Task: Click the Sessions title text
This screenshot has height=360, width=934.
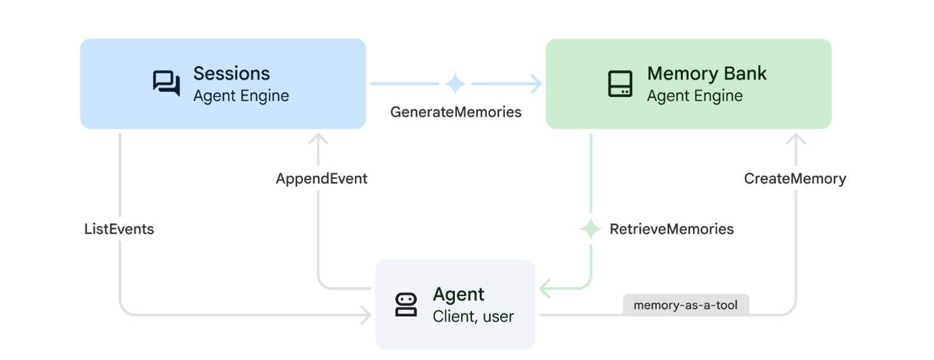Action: (x=231, y=73)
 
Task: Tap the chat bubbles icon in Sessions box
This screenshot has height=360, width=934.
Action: (x=166, y=83)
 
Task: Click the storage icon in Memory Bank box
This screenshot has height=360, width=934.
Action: (x=620, y=83)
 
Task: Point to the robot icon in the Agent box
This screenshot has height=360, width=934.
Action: (x=406, y=305)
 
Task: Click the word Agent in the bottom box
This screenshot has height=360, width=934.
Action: (x=458, y=294)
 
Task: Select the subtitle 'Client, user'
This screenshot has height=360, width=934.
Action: (x=473, y=316)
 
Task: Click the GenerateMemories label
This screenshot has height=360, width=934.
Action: (x=456, y=112)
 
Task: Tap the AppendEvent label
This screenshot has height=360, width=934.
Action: (x=321, y=179)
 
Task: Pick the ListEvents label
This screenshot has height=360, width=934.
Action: (x=119, y=229)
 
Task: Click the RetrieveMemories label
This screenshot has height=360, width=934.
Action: (x=671, y=229)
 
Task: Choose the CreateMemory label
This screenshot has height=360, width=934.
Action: (x=795, y=179)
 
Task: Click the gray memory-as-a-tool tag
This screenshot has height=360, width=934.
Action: (x=686, y=305)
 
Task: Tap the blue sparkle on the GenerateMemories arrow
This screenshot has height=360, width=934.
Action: (x=455, y=84)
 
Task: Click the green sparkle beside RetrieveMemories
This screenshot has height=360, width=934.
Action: (x=590, y=229)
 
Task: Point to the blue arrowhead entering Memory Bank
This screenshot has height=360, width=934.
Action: (x=537, y=84)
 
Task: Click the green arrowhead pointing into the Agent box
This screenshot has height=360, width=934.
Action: (x=544, y=289)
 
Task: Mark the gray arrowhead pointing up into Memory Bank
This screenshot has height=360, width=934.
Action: (x=795, y=138)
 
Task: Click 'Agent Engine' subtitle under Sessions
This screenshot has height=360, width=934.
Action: (x=240, y=95)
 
